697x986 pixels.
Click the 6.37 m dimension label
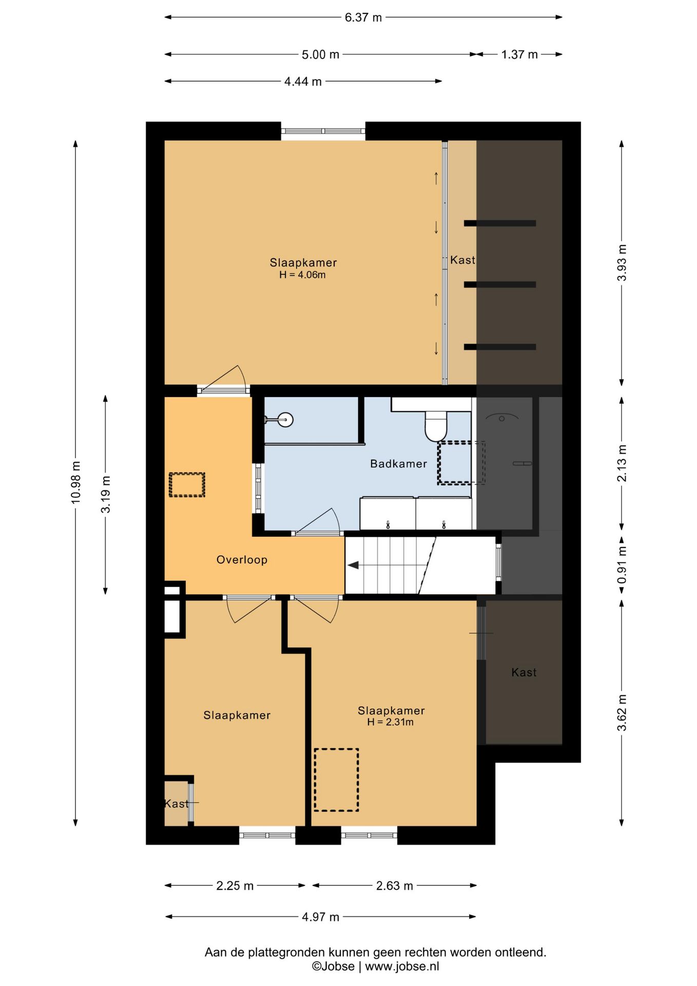tap(363, 17)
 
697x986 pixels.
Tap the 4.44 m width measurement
tap(303, 82)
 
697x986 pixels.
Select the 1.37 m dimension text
tap(519, 54)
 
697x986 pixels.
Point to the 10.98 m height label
tap(76, 482)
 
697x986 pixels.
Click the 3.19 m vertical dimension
tap(106, 495)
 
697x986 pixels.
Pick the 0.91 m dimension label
tap(622, 565)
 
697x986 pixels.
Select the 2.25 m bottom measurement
tap(235, 886)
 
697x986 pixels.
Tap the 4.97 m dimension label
tap(320, 917)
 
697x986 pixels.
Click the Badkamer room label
tap(398, 464)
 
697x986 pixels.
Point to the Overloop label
tap(242, 560)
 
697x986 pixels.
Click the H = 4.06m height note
tap(302, 275)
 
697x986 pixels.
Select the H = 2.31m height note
tap(390, 722)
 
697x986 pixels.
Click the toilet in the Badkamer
tap(436, 426)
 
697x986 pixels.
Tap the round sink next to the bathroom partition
tap(285, 420)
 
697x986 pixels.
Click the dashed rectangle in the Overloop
tap(187, 485)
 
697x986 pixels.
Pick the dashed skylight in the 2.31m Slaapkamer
tap(336, 780)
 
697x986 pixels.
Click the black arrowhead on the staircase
tap(353, 565)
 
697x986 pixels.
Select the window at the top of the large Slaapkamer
tap(323, 131)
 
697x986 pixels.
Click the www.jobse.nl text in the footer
tap(402, 966)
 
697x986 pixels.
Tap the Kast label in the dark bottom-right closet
tap(524, 673)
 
